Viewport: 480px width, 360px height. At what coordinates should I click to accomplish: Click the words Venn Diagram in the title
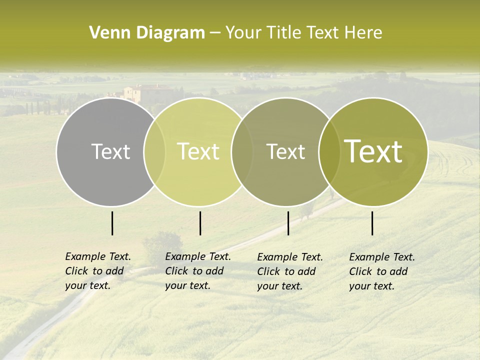[x=147, y=33]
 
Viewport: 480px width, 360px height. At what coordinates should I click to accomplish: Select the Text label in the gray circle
[x=110, y=151]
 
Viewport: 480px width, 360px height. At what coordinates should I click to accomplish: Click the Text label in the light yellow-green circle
[x=198, y=151]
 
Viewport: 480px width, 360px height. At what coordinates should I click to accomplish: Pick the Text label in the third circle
[x=285, y=151]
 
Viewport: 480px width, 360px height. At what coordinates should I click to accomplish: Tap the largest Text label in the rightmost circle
[x=373, y=151]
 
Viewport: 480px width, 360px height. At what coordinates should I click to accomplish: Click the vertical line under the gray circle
[x=112, y=223]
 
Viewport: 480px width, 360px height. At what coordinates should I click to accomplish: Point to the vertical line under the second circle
[x=200, y=223]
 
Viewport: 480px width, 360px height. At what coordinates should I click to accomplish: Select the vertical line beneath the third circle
[x=288, y=223]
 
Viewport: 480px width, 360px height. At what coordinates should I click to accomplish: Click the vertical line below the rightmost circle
[x=372, y=223]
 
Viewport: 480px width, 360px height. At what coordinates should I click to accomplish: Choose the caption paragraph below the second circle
[x=198, y=271]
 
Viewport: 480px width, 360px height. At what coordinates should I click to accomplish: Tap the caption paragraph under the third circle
[x=290, y=271]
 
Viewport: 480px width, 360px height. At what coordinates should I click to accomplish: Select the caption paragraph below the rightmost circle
[x=382, y=271]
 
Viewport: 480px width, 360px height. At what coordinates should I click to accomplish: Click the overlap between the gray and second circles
[x=154, y=151]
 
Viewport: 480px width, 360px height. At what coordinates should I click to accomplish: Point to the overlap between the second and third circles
[x=241, y=151]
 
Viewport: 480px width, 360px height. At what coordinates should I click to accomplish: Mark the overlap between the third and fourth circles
[x=328, y=151]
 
